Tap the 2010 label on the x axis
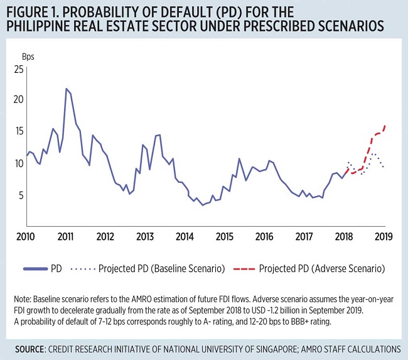[x=26, y=237]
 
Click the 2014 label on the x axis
[x=185, y=237]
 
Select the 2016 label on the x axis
[x=265, y=237]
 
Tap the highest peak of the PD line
[x=66, y=89]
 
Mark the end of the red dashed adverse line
[x=385, y=126]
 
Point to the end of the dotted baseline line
[x=383, y=166]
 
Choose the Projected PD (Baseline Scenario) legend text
[x=162, y=268]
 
